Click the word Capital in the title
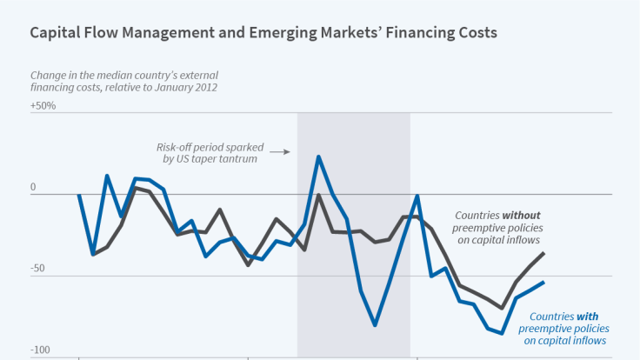coord(55,34)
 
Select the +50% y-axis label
coord(43,106)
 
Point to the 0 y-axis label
coord(34,188)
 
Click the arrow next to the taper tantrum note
coord(278,151)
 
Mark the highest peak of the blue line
coord(318,157)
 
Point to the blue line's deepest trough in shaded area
coord(375,325)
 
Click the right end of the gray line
coord(543,253)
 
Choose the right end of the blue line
coord(543,282)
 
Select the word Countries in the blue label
coord(551,317)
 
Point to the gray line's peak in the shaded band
coord(318,195)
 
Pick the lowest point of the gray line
coord(502,308)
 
